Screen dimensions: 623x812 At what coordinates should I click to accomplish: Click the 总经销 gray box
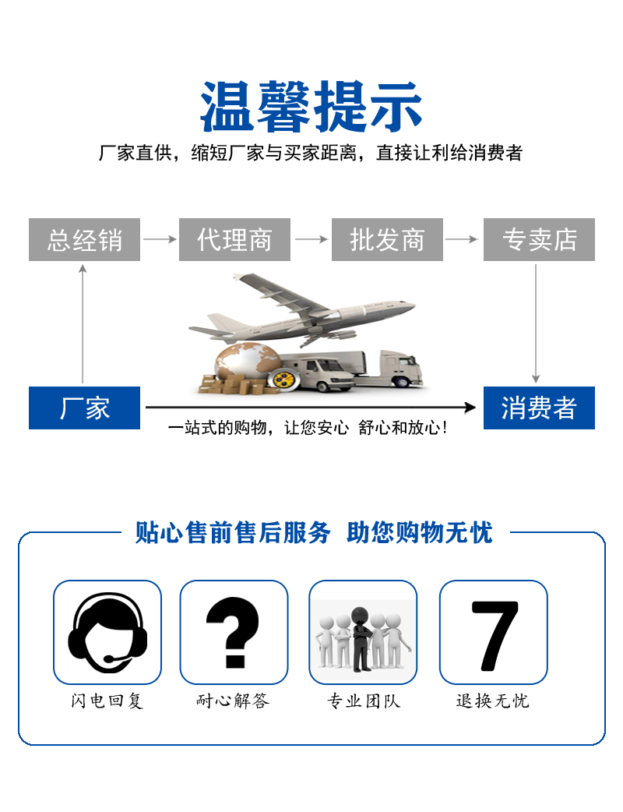click(84, 239)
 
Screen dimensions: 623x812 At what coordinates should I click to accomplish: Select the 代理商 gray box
click(234, 239)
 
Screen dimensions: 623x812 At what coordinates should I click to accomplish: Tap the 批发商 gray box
click(387, 239)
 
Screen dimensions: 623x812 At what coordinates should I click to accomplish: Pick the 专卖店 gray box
click(539, 239)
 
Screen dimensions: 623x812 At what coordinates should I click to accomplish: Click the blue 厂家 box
click(84, 408)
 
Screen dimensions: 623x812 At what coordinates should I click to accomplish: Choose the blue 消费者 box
click(539, 408)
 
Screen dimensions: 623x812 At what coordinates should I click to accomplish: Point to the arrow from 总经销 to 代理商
click(160, 239)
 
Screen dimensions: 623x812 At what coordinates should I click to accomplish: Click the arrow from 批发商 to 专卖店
click(462, 239)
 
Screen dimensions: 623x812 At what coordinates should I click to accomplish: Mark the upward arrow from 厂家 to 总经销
click(83, 323)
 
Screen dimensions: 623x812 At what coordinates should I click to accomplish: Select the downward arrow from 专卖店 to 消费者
click(536, 323)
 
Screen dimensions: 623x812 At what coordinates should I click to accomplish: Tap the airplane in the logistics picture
click(301, 309)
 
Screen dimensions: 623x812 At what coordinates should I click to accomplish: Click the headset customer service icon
click(107, 633)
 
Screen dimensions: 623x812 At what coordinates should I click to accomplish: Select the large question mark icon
click(232, 632)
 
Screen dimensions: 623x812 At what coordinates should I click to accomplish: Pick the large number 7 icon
click(495, 635)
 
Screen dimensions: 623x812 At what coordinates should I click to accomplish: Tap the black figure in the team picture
click(361, 639)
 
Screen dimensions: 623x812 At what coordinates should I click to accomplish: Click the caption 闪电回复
click(107, 701)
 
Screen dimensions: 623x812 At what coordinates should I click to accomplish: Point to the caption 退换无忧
click(493, 701)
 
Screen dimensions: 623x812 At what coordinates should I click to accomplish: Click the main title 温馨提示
click(311, 107)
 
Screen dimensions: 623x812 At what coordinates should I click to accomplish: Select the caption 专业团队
click(364, 701)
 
